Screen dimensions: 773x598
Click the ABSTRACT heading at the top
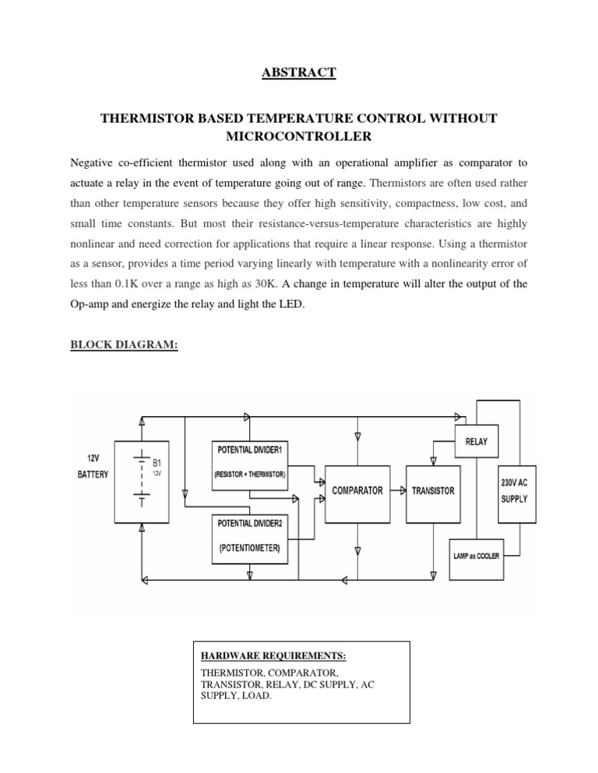click(x=299, y=72)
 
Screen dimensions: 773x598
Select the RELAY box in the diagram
click(x=477, y=442)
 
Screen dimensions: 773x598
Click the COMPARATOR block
click(x=357, y=491)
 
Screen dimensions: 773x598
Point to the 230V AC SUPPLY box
click(x=513, y=491)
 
